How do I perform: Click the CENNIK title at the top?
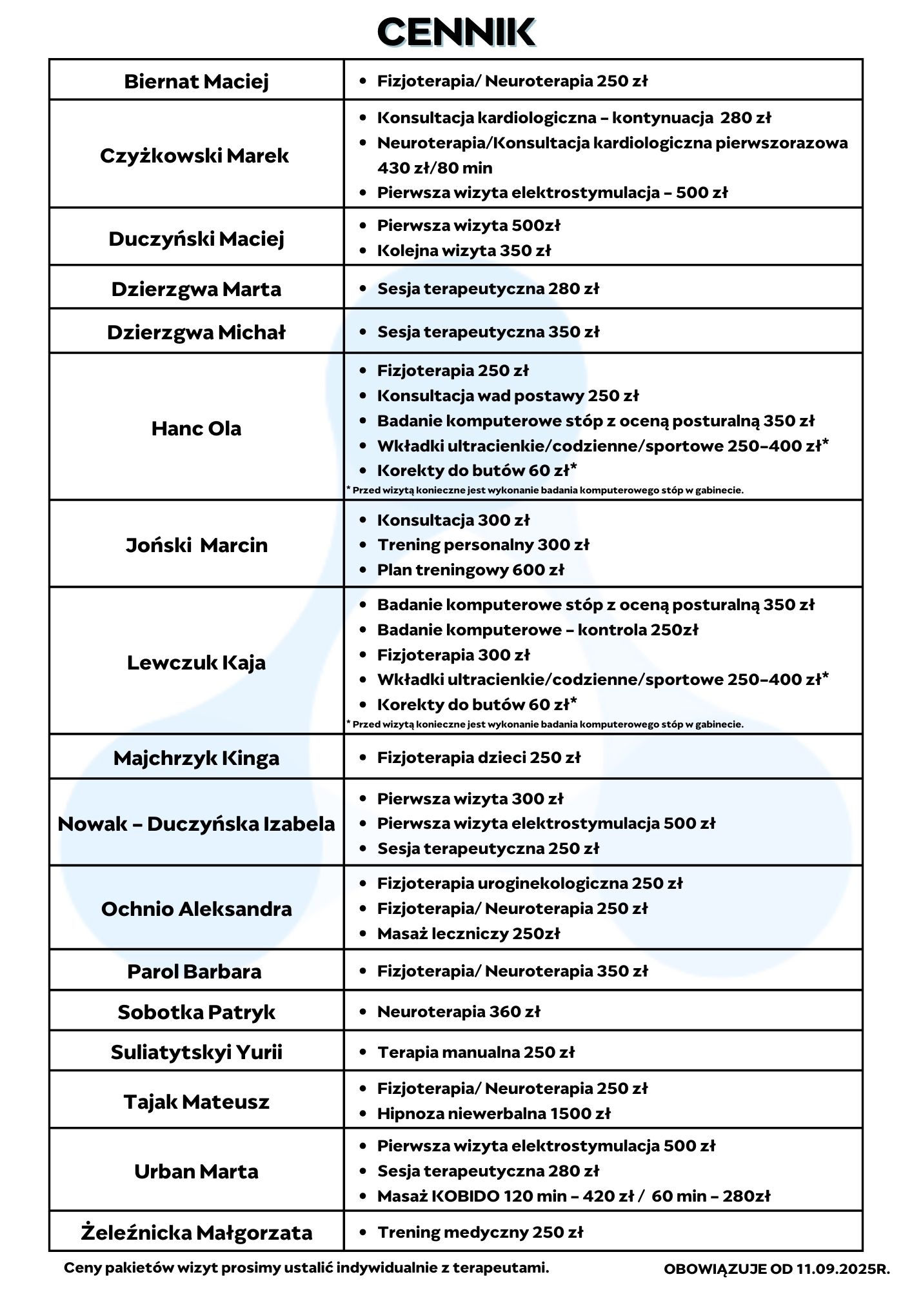[456, 32]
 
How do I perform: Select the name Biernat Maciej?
[196, 81]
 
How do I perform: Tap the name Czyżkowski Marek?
[194, 155]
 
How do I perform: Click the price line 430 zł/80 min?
[435, 168]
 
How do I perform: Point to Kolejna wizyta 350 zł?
[464, 250]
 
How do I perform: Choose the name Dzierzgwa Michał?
[196, 332]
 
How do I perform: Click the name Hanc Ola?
[196, 428]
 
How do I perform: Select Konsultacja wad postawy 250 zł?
[508, 395]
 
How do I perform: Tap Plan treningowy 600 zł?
[470, 570]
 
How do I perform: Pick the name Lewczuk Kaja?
[196, 662]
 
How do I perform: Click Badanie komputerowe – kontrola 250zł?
[537, 630]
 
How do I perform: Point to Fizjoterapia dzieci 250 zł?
[479, 757]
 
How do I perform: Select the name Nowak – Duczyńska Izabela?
[196, 824]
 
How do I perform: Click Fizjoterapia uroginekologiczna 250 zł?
[530, 883]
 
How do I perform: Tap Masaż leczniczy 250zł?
[468, 933]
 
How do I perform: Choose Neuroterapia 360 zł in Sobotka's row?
[459, 1011]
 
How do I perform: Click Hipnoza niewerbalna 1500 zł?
[493, 1113]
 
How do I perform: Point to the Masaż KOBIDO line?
[573, 1196]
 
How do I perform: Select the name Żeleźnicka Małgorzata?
[196, 1233]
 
